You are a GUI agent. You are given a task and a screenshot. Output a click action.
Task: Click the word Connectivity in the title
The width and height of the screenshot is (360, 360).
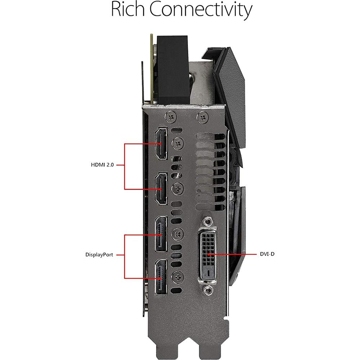click(x=201, y=11)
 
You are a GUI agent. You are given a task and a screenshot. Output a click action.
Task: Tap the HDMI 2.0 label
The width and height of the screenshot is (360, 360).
click(x=102, y=165)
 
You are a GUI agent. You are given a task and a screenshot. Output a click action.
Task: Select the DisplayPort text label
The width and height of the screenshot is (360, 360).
click(x=99, y=255)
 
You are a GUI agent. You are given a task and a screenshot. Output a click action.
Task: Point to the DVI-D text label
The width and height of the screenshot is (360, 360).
click(x=267, y=254)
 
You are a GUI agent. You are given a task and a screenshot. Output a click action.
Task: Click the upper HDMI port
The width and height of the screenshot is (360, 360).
click(x=161, y=144)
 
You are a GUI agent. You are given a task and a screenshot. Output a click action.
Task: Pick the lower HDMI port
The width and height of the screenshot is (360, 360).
click(x=161, y=189)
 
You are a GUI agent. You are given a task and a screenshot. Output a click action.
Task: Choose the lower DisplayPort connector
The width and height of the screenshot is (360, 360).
click(x=161, y=278)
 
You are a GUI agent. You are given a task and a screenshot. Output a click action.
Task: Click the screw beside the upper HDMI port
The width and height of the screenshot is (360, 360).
click(x=178, y=143)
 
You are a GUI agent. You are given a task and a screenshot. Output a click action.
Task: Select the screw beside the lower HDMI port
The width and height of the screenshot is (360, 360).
click(x=178, y=188)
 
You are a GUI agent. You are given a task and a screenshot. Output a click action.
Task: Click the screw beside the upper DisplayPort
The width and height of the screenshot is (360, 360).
click(x=178, y=234)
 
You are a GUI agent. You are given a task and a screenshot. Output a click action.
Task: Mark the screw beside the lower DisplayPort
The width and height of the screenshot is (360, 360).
click(x=178, y=276)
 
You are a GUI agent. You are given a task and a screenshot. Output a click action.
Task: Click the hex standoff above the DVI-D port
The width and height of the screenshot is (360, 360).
click(x=207, y=221)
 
